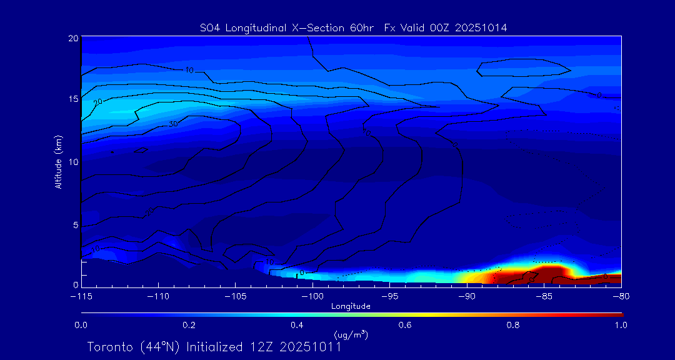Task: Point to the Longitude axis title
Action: pos(351,306)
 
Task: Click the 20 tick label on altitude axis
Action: pos(72,38)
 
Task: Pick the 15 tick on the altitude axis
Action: pos(72,99)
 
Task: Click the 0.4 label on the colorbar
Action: pos(297,325)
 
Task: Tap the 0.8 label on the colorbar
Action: pos(513,325)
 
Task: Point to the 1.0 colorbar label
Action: pos(621,325)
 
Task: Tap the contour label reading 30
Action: pos(173,124)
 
